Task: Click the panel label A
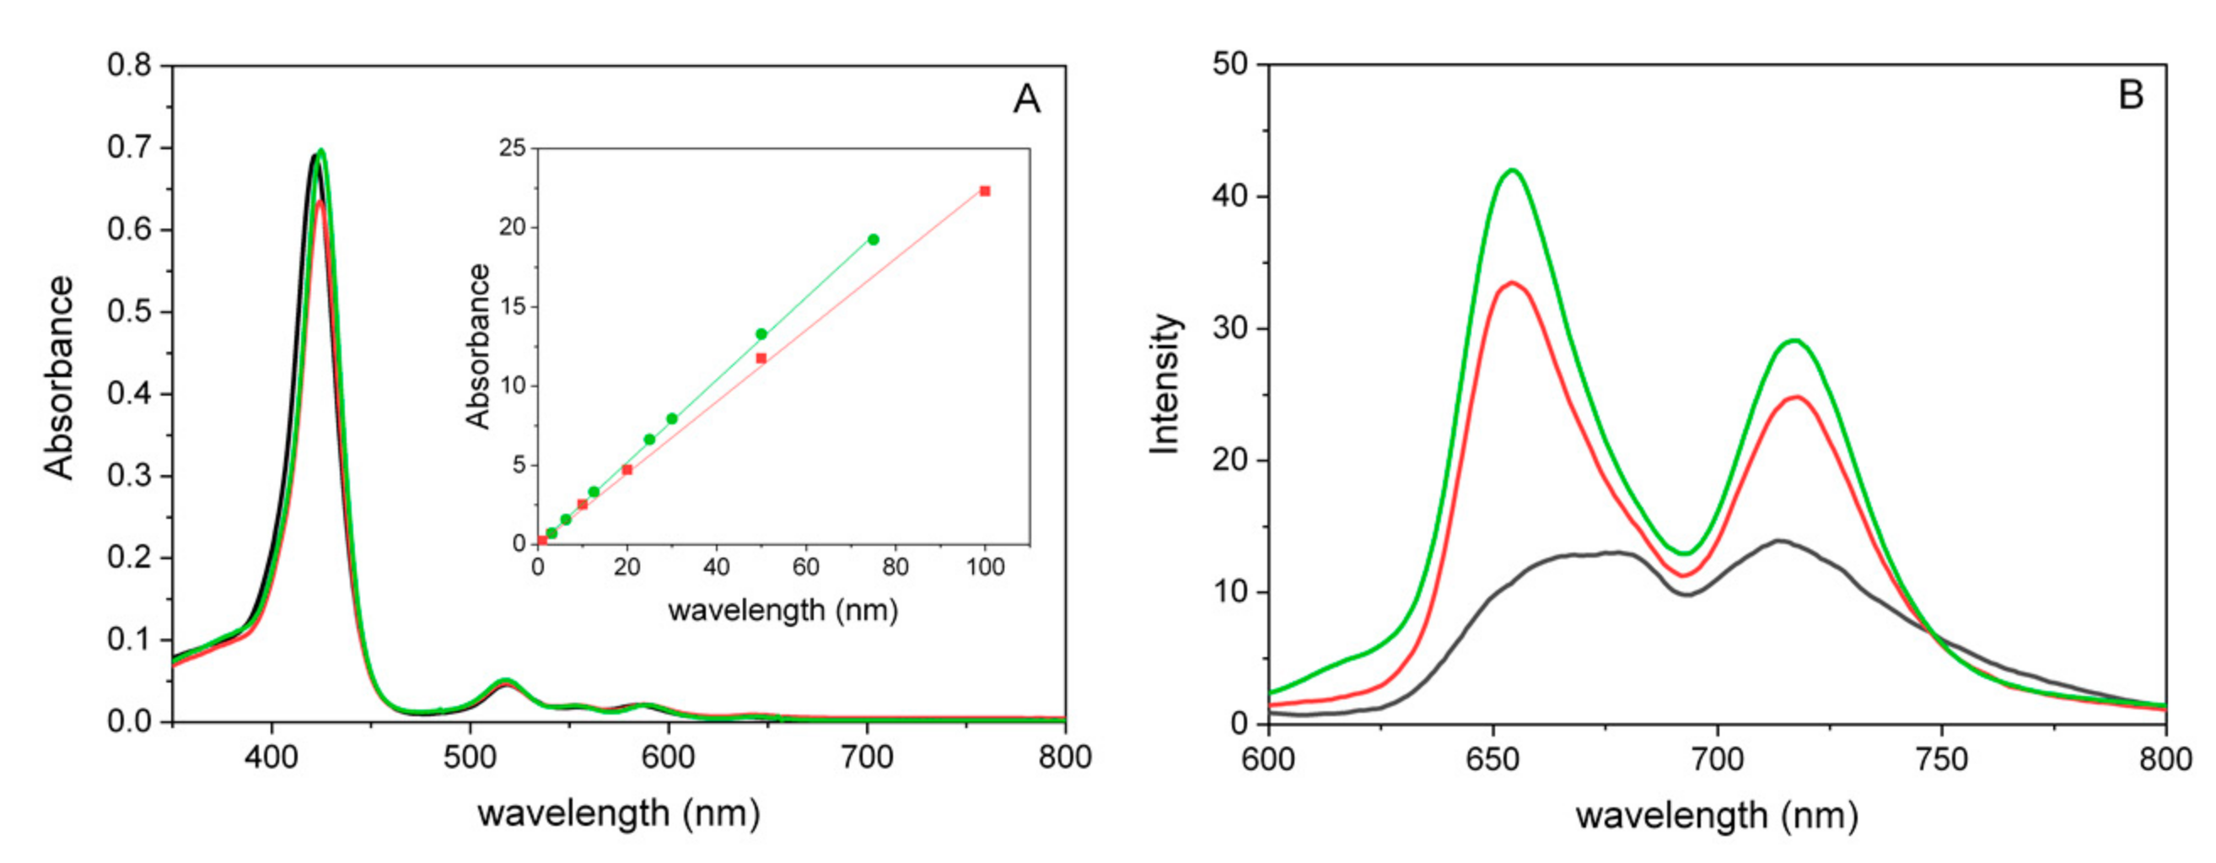coord(1026,100)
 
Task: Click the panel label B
coord(2130,94)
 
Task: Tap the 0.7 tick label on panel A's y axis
coord(128,148)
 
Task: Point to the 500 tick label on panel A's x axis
coord(470,758)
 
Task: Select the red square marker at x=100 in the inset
coord(985,191)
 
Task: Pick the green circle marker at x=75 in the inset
coord(873,240)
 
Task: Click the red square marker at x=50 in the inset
coord(761,358)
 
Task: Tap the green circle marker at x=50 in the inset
coord(761,334)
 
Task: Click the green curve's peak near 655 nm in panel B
coord(1511,170)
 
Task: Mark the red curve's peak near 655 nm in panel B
coord(1511,283)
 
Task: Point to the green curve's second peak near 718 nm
coord(1794,341)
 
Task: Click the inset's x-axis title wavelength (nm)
coord(783,611)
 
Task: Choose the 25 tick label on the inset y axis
coord(512,148)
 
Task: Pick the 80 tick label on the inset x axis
coord(896,567)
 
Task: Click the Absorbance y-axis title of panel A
coord(59,378)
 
